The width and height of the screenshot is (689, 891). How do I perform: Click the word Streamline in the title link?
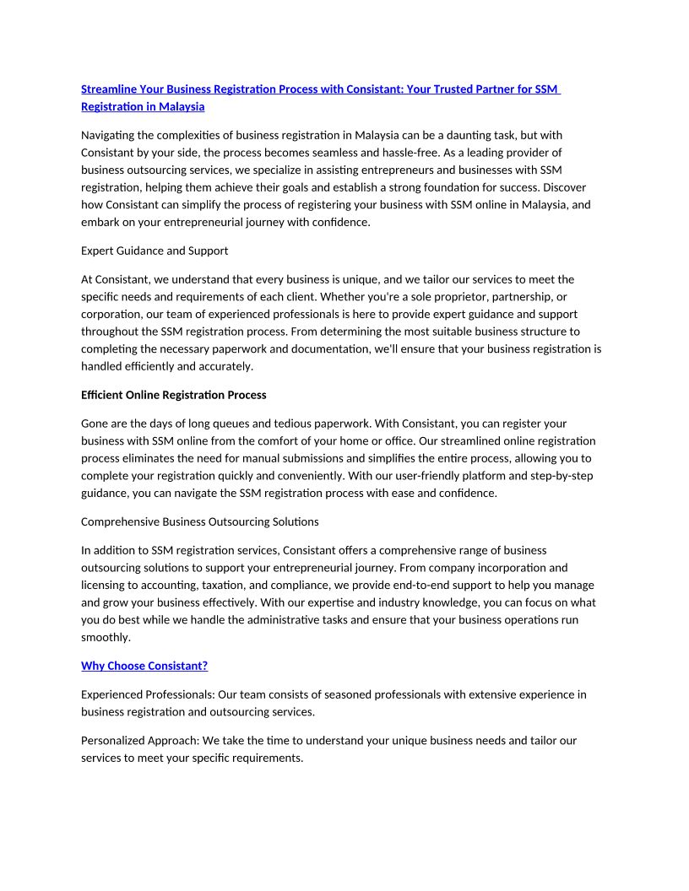109,89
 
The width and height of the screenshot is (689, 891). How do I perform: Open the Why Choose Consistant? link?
144,666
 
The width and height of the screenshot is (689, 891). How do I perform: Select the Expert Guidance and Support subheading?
155,251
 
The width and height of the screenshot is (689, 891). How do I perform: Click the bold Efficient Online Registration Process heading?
173,394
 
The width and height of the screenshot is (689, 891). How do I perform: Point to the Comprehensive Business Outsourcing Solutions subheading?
199,521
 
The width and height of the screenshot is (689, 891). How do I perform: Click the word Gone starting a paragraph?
95,424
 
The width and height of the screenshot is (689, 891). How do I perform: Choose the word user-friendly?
417,476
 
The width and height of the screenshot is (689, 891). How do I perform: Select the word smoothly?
106,638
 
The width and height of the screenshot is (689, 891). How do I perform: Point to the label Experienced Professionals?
148,694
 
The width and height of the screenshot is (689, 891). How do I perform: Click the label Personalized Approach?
139,740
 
